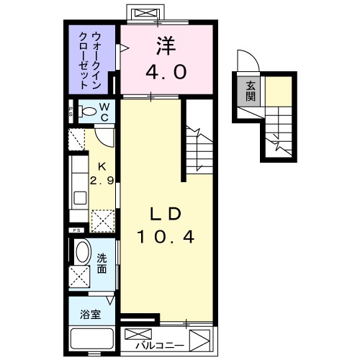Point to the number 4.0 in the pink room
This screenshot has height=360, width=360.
tap(168, 72)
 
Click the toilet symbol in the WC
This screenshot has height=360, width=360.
tap(88, 112)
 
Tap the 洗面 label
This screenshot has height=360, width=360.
tap(103, 264)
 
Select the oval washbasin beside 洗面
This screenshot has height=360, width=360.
tap(84, 254)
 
